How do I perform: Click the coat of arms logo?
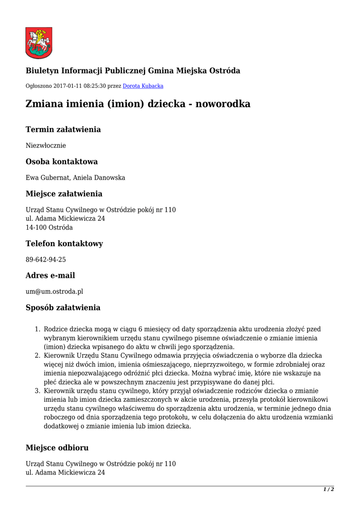click(39, 43)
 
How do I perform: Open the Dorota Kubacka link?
click(143, 86)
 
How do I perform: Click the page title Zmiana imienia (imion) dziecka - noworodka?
click(138, 104)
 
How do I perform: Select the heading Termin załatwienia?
click(63, 129)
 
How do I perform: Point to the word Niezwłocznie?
click(46, 145)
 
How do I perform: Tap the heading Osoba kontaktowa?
click(62, 162)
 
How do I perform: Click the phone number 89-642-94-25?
click(46, 259)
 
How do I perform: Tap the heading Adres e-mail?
click(50, 275)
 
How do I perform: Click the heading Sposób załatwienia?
click(63, 308)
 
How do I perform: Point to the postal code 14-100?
click(36, 228)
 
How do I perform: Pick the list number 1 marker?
click(38, 329)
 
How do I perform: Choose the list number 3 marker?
click(38, 391)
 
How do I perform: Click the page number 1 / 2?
click(328, 489)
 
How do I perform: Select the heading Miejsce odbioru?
click(57, 448)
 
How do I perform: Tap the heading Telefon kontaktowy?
click(64, 244)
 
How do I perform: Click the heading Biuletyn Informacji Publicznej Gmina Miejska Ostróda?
click(133, 71)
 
